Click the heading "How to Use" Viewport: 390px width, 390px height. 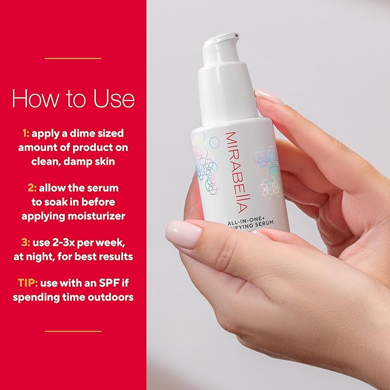pos(73,98)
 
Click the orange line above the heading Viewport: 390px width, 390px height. pos(73,58)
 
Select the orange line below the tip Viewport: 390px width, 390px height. pos(73,331)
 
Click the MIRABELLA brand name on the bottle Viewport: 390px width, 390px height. pos(232,161)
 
